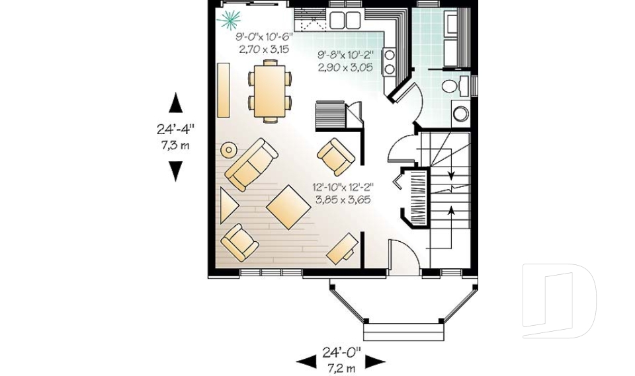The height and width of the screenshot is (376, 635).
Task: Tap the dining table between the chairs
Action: pyautogui.click(x=270, y=89)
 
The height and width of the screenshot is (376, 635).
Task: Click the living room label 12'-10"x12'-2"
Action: pyautogui.click(x=343, y=187)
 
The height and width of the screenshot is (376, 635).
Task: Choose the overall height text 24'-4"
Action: pyautogui.click(x=175, y=130)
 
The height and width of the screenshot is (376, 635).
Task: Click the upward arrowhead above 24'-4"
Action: pyautogui.click(x=175, y=102)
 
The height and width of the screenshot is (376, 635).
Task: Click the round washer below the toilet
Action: pyautogui.click(x=460, y=114)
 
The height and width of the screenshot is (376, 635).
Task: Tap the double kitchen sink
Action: pyautogui.click(x=344, y=20)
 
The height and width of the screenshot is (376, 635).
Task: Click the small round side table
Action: pyautogui.click(x=228, y=149)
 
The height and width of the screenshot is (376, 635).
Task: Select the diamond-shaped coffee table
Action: pyautogui.click(x=288, y=207)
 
